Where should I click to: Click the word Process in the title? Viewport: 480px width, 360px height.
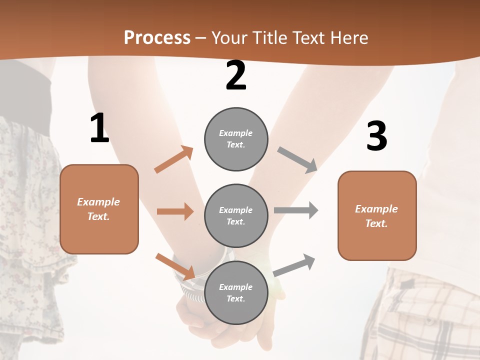tap(157, 38)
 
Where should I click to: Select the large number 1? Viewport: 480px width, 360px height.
tap(99, 128)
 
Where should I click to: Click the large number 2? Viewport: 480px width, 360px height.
tap(236, 75)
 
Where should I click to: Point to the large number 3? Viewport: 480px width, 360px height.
tap(376, 136)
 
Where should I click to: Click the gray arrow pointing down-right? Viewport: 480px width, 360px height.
tap(297, 160)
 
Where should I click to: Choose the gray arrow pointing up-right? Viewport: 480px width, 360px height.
tap(294, 265)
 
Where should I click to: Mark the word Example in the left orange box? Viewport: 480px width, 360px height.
tap(98, 202)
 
